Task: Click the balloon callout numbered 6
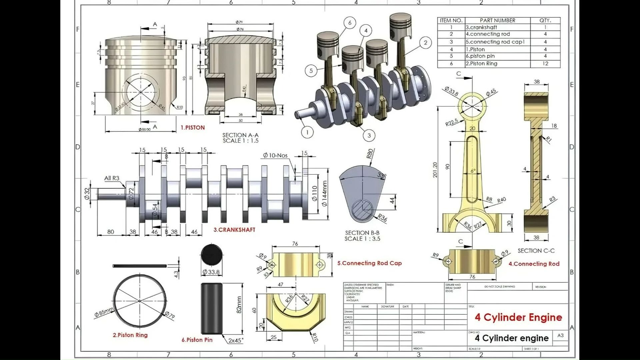[350, 23]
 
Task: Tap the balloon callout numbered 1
[307, 132]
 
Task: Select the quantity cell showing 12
[545, 64]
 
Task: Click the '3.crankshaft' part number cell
[481, 27]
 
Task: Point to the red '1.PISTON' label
[193, 127]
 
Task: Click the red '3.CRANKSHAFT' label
[234, 230]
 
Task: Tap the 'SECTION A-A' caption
[240, 135]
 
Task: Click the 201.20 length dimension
[435, 170]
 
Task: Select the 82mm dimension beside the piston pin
[239, 305]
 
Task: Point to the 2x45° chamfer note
[236, 341]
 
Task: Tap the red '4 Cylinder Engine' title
[518, 317]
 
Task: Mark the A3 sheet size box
[560, 335]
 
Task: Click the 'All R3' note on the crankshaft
[112, 178]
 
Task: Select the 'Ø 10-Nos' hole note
[275, 155]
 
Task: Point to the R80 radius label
[370, 153]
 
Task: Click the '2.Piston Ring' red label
[130, 335]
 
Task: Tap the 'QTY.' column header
[545, 20]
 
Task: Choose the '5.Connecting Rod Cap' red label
[369, 263]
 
